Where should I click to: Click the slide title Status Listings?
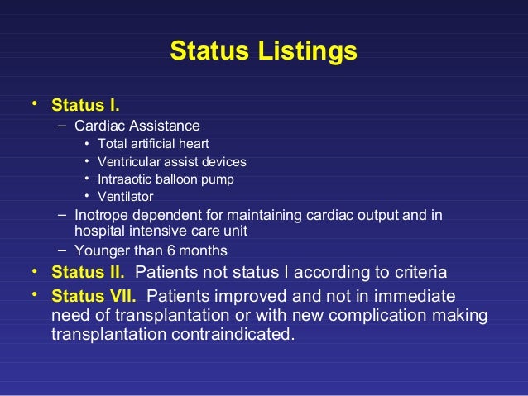point(263,51)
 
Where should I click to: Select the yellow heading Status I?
point(85,106)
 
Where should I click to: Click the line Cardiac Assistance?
point(137,126)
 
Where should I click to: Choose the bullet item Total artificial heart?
point(153,144)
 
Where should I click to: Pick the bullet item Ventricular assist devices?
point(171,161)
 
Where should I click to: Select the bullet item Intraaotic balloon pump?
point(166,179)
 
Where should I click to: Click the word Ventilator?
point(125,196)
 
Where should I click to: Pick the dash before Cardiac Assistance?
point(63,126)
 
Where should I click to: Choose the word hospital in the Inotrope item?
point(99,231)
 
